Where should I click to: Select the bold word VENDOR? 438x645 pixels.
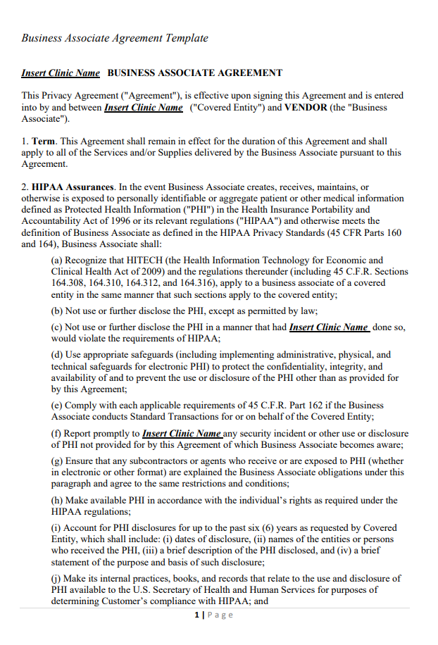coord(304,108)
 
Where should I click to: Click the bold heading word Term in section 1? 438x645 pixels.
coord(44,142)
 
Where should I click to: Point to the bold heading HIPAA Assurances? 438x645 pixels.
coord(73,187)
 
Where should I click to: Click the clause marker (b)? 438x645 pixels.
coord(57,311)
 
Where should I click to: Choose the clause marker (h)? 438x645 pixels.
coord(57,500)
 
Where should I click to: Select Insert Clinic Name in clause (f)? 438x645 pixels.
coord(182,434)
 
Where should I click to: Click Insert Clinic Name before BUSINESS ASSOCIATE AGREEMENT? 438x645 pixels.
coord(61,73)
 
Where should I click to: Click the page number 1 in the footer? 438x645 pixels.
coord(196,615)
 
